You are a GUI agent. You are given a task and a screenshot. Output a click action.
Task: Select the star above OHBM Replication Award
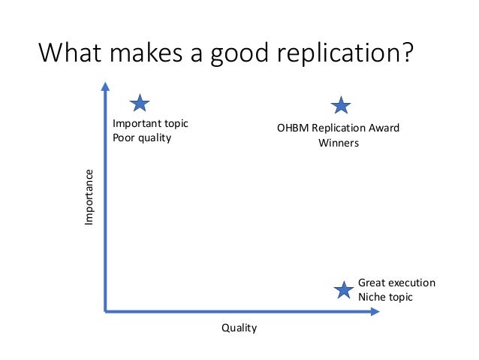(x=341, y=106)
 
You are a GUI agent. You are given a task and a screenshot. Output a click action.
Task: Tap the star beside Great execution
(x=343, y=290)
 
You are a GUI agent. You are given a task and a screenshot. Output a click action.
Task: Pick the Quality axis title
(x=239, y=328)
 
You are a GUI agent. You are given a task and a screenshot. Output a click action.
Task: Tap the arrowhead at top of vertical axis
(x=106, y=88)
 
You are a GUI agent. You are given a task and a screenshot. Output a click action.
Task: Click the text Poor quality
(x=142, y=138)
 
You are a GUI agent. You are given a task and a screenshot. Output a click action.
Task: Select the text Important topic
(x=150, y=123)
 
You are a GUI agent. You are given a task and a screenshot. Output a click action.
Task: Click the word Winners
(x=339, y=143)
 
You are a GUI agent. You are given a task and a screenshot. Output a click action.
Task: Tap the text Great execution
(x=396, y=283)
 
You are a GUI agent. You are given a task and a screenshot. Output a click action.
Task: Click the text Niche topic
(x=385, y=297)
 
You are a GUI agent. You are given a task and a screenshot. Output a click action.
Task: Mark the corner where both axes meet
(x=106, y=310)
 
